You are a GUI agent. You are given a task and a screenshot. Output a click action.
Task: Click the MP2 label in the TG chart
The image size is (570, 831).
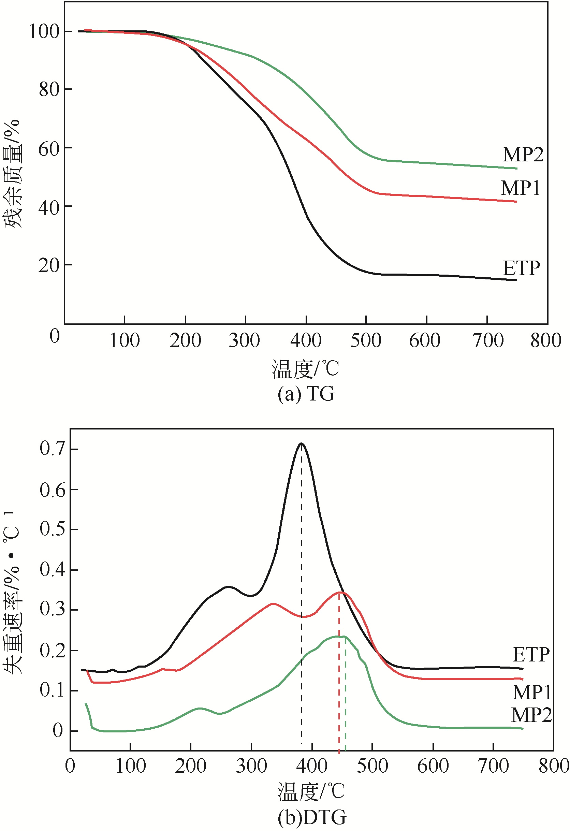523,155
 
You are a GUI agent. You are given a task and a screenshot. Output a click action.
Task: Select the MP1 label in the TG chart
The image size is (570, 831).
520,188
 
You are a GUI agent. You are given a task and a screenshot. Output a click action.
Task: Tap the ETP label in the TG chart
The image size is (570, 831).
521,268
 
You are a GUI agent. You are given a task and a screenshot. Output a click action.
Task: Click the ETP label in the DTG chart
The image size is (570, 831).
531,655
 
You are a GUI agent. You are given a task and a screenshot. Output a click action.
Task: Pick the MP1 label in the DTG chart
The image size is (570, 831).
531,692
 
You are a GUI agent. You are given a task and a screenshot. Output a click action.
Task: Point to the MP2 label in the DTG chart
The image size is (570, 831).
531,715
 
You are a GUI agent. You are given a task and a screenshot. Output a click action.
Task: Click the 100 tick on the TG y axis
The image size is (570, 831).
44,31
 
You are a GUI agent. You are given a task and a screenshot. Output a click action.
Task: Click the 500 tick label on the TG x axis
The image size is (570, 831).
365,340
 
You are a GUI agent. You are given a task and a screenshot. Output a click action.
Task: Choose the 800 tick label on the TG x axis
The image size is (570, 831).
546,340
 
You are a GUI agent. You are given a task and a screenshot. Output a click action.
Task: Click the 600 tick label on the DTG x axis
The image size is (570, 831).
433,766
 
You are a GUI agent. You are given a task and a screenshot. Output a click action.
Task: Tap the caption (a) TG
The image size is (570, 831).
306,394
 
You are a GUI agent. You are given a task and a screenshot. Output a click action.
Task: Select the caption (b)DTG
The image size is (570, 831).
312,817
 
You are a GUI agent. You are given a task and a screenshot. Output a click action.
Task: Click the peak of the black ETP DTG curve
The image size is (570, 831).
302,444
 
